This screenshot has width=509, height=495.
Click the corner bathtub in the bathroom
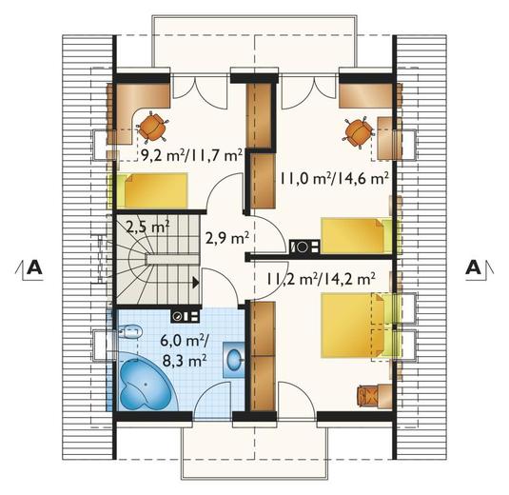(x=147, y=384)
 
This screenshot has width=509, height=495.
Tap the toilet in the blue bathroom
(x=130, y=332)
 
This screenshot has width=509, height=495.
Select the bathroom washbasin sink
(x=234, y=360)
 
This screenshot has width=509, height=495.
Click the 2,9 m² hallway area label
(x=226, y=238)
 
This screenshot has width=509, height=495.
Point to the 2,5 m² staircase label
(x=147, y=227)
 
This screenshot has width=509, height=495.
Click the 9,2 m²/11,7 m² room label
(x=192, y=155)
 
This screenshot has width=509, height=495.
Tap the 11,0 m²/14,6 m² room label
(x=334, y=178)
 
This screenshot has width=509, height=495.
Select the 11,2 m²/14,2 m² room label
(x=321, y=278)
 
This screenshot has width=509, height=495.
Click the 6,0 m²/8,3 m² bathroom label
(x=184, y=351)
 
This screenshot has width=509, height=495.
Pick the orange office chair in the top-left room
(x=152, y=128)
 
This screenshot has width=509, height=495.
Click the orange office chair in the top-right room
(x=358, y=133)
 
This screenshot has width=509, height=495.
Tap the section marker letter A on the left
(x=34, y=267)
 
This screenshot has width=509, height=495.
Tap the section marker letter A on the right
(x=473, y=267)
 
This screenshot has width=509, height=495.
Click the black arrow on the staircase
(x=196, y=283)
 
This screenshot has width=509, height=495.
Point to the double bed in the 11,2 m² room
(x=357, y=326)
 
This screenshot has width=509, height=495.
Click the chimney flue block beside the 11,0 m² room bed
(x=304, y=247)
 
